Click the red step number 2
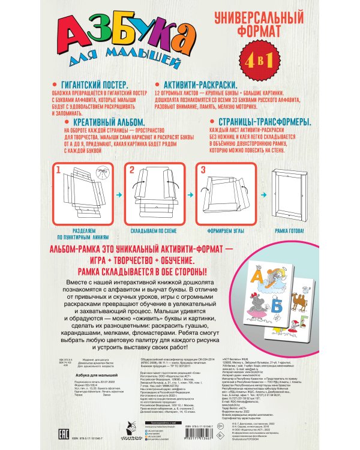click(x=131, y=170)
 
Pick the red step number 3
click(x=203, y=170)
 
